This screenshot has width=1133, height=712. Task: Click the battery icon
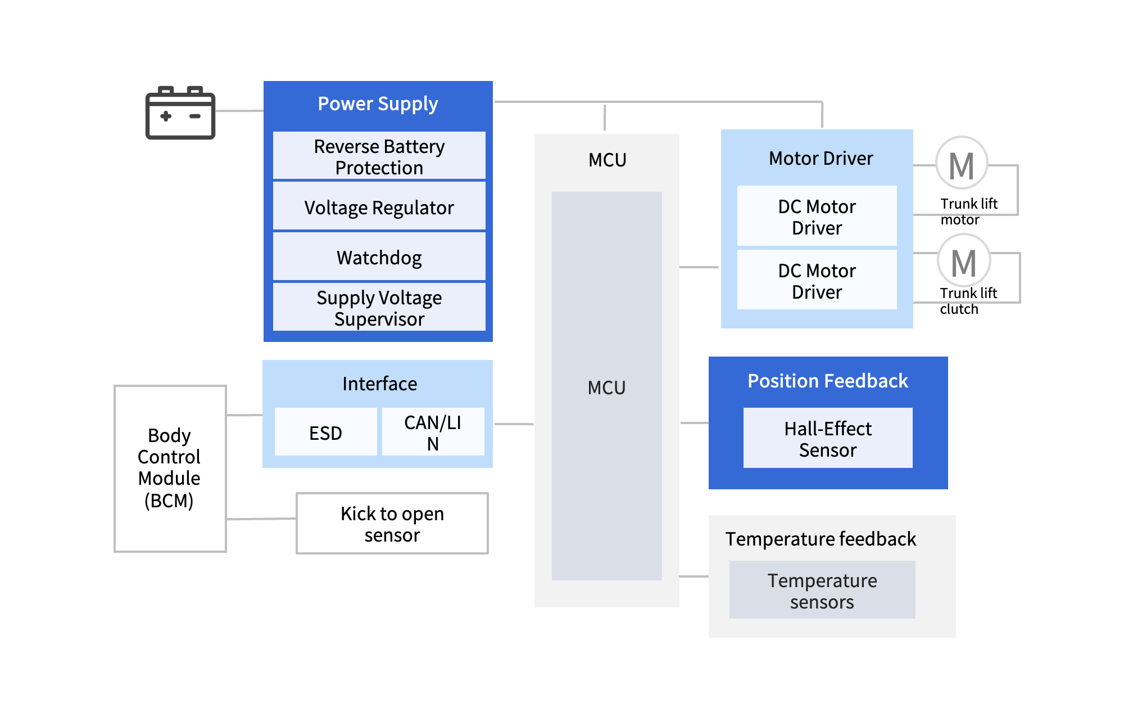180,113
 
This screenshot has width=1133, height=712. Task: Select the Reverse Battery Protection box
379,156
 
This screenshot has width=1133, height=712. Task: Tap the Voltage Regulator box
379,208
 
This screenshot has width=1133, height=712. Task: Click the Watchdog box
379,258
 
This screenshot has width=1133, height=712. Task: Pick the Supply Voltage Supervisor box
379,308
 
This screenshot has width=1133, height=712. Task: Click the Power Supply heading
378,104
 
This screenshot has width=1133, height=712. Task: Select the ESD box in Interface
325,432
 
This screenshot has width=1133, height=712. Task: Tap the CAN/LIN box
433,432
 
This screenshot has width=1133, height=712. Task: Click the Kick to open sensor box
392,524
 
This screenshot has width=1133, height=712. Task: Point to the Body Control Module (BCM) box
170,468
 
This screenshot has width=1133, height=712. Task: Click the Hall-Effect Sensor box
827,439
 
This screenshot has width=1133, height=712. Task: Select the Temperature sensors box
822,591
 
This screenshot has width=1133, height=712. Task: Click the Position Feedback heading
827,381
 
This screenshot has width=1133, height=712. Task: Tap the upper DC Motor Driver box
817,217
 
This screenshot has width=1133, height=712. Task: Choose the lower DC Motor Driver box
817,281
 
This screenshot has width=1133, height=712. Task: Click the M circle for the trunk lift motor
962,165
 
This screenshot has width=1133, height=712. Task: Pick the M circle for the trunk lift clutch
963,262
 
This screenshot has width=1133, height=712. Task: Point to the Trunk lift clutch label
968,301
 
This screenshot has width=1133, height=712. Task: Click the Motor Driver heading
821,159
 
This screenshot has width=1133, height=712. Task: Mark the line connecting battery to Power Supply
239,111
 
